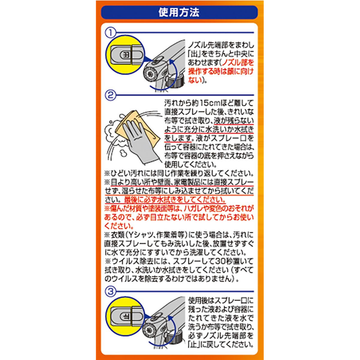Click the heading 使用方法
tap(179, 13)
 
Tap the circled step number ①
tap(110, 33)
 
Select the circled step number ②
tap(110, 95)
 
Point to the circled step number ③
tap(110, 292)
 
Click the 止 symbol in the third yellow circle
tap(126, 317)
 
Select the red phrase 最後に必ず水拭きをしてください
tap(175, 199)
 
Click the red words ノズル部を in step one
tap(238, 63)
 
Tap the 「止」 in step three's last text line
tap(193, 344)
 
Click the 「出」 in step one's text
tap(193, 54)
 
